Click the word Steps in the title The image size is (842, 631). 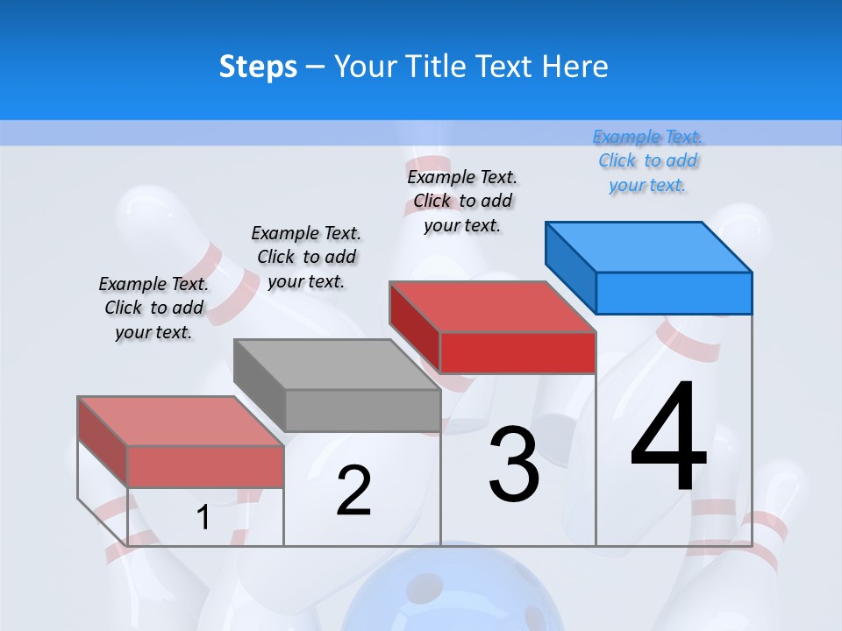(258, 67)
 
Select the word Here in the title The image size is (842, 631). (574, 67)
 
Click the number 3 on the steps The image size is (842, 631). (514, 464)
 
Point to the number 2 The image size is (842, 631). (353, 491)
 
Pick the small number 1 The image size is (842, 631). (203, 518)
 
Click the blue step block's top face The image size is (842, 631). (649, 246)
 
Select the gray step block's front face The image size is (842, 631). (362, 410)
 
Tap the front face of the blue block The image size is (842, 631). (674, 293)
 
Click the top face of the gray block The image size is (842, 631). (336, 364)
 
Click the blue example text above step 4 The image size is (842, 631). (648, 160)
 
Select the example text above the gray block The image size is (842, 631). (306, 257)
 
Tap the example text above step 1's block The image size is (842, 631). (153, 308)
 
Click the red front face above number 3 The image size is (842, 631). (517, 352)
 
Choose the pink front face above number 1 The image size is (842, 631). (205, 466)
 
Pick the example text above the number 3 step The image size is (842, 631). (462, 201)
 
